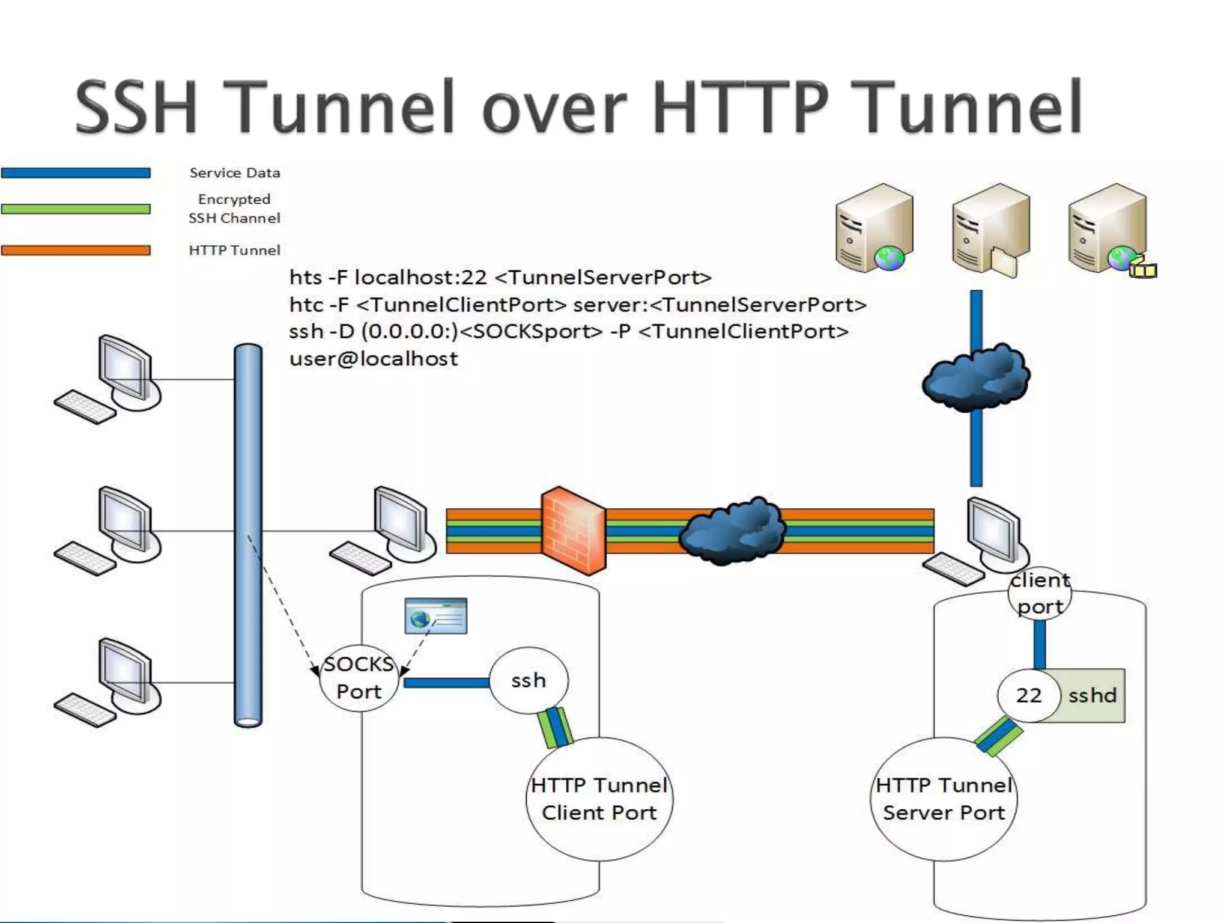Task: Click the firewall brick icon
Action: point(573,531)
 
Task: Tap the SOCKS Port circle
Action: point(359,678)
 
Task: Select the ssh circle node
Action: point(529,680)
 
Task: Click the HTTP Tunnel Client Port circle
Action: point(599,799)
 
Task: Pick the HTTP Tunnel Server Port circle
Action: point(944,799)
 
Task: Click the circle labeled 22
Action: point(1028,695)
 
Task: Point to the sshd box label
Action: point(1092,695)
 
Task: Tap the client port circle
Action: point(1040,593)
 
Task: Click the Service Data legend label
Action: point(235,173)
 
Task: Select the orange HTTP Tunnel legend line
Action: point(76,250)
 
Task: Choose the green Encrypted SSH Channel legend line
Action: point(76,209)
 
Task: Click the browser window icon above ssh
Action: point(435,615)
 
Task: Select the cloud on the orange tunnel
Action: point(732,530)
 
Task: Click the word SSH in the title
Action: point(136,107)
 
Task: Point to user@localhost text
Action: point(373,359)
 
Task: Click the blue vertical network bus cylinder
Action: point(248,535)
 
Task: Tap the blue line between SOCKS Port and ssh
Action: point(446,683)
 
